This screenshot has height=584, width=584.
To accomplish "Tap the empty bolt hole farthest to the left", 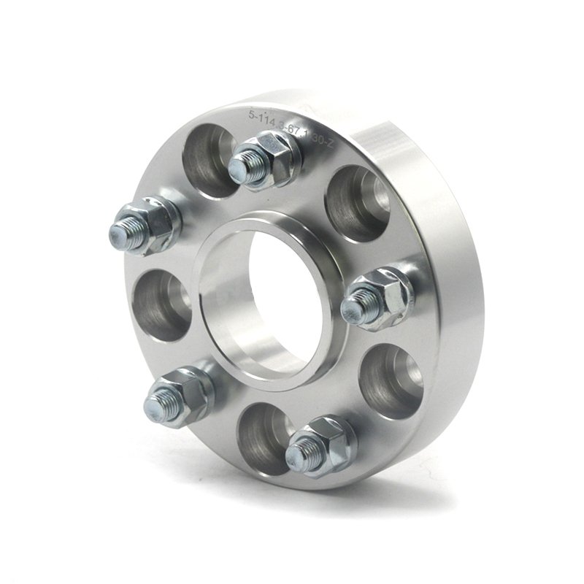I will (157, 303).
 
